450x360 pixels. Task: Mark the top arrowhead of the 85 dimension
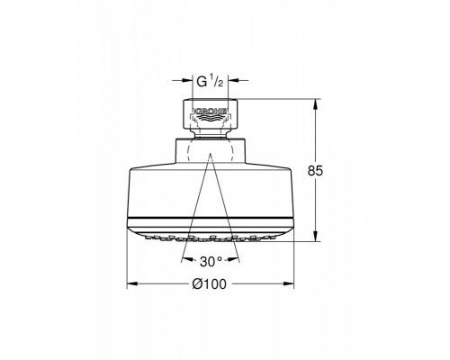314,104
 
